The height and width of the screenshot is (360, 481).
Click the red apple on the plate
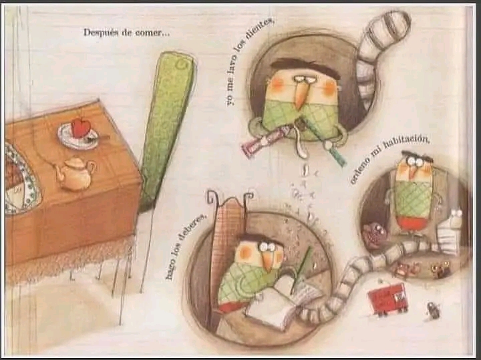(x=81, y=128)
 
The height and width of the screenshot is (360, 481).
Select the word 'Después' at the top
(x=101, y=33)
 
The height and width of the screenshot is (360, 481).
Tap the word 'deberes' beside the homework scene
(x=188, y=233)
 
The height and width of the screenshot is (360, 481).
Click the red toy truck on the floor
(x=387, y=300)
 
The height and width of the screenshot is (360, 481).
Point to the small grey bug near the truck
(x=434, y=310)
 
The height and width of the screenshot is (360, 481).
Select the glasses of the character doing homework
(x=270, y=246)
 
